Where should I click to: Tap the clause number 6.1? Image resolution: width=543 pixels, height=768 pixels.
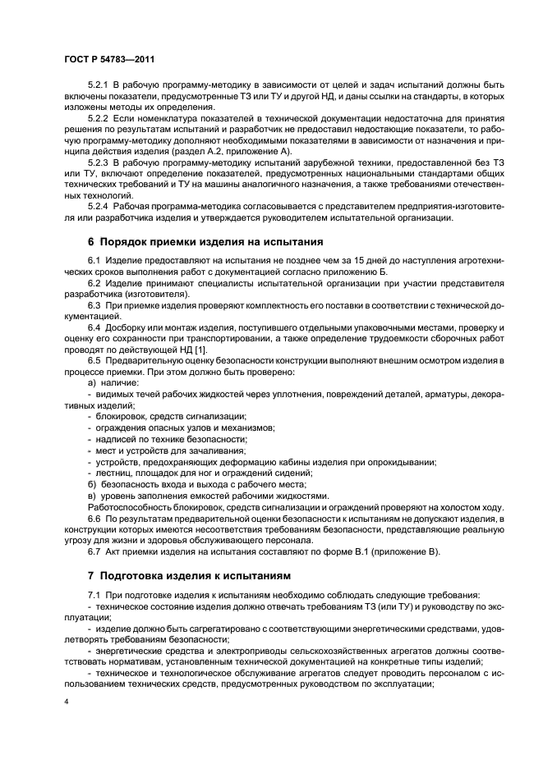click(x=94, y=260)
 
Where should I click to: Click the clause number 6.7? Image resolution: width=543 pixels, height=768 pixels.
click(x=94, y=551)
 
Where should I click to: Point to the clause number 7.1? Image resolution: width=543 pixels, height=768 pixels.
click(x=94, y=594)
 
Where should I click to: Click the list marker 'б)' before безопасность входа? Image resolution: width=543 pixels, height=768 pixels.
click(x=92, y=484)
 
